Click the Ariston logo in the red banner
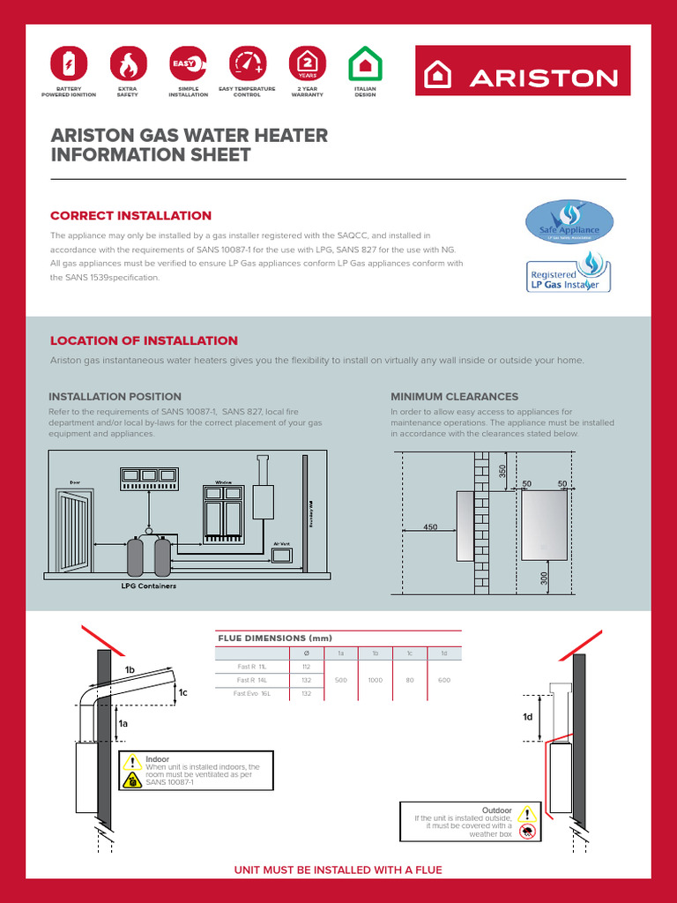[523, 77]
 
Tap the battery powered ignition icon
[69, 64]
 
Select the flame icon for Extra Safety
[127, 64]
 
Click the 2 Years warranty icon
[307, 64]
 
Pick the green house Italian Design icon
[364, 64]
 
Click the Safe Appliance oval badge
[569, 222]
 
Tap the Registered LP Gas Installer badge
[569, 274]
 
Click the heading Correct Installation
[130, 216]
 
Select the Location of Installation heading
[144, 341]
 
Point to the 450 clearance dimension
[430, 527]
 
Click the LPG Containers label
[148, 586]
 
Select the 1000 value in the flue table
[375, 681]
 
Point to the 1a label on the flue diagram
[123, 723]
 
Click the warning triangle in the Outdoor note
[527, 814]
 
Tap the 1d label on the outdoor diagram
[528, 717]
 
